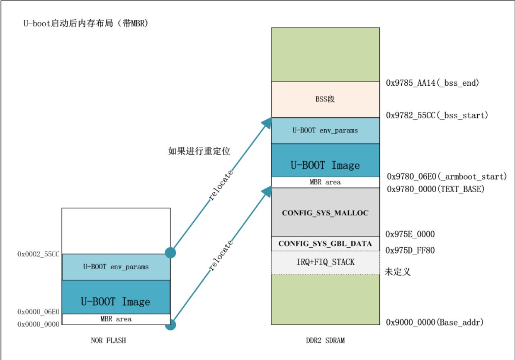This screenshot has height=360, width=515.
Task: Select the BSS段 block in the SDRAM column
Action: (326, 99)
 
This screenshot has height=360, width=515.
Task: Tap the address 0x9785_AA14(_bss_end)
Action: (432, 83)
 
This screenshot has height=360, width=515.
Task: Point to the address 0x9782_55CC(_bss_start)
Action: (437, 115)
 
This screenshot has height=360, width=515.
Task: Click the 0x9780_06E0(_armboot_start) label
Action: (447, 176)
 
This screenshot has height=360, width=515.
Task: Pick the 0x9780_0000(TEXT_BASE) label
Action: (436, 189)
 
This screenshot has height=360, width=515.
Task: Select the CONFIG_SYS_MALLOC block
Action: (326, 213)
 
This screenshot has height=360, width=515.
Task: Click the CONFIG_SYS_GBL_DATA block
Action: (326, 244)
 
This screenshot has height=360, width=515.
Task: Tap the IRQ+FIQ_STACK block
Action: (326, 263)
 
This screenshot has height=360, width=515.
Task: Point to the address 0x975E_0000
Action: (410, 234)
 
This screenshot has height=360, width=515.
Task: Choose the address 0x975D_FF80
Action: (410, 250)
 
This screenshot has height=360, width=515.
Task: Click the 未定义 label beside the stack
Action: (398, 272)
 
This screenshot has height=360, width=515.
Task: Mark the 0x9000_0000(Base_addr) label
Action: (435, 322)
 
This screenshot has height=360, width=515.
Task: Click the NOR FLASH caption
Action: (108, 340)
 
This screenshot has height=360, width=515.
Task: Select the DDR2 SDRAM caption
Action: (326, 340)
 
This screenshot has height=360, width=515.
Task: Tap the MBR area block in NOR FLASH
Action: (116, 319)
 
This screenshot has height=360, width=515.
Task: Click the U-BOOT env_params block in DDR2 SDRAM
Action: (326, 131)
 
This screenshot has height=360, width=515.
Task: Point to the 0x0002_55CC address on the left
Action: (39, 254)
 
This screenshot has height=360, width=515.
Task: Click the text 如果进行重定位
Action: (199, 151)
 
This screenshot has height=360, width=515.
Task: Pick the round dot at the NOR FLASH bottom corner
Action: (170, 325)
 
